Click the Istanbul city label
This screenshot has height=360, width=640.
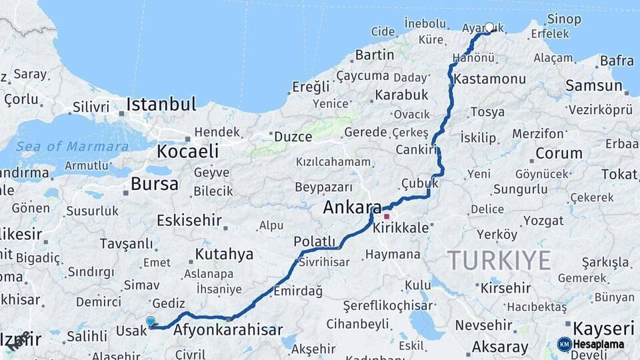pos(161,105)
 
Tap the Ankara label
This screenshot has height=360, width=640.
pos(351,207)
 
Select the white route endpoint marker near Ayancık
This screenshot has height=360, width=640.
pos(489,27)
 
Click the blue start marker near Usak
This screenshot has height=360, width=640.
pos(151,321)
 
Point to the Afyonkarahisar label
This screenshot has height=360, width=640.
pos(228,330)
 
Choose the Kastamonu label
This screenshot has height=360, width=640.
pos(490,79)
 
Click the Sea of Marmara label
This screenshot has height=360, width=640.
pos(73,147)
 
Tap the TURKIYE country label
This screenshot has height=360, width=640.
pos(499,260)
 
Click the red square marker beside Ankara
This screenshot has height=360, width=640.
pos(386,217)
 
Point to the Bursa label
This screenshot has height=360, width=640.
pos(155,184)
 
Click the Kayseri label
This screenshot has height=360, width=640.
pos(603,328)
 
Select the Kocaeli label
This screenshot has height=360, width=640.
pos(189,151)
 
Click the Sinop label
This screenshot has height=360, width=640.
pos(564,19)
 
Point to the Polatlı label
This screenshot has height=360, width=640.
pos(315,241)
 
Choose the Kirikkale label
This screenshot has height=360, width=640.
pos(401,228)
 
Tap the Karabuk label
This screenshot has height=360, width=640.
pos(401,95)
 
